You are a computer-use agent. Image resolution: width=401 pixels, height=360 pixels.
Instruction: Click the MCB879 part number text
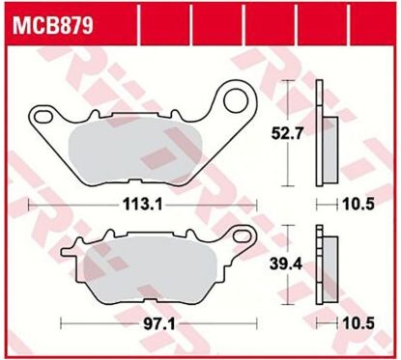[x=53, y=25]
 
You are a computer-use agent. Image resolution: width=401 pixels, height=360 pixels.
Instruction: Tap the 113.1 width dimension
[x=142, y=204]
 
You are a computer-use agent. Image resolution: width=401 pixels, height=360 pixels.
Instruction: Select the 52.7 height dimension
[x=287, y=133]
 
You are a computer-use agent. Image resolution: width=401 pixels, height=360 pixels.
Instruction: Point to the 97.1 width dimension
[x=159, y=324]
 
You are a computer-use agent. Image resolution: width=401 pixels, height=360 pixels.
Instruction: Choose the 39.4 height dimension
[x=286, y=264]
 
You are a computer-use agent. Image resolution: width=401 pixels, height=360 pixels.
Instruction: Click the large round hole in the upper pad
[x=236, y=100]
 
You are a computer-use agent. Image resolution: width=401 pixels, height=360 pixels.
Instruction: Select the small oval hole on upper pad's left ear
[x=43, y=117]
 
